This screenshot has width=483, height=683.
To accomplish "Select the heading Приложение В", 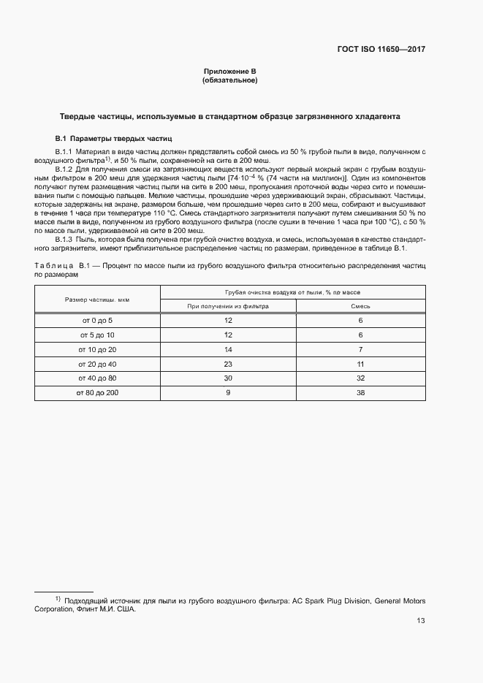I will [x=229, y=72].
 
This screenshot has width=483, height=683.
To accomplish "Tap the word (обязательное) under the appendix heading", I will [x=229, y=80].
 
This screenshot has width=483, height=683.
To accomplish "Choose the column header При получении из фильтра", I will [x=228, y=306].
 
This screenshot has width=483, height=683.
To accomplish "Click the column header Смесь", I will [x=361, y=306].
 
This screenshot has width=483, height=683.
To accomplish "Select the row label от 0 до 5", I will [x=96, y=321].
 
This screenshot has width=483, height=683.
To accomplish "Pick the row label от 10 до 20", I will [x=96, y=350].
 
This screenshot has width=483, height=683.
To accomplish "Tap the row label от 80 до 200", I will [x=96, y=393].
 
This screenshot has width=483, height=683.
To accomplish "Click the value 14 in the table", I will [x=228, y=350].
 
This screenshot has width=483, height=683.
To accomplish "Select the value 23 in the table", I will [x=228, y=364].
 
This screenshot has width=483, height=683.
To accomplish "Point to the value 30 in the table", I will [x=228, y=378].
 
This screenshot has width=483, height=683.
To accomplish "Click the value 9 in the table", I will [x=228, y=393].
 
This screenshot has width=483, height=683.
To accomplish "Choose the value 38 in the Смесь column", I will [x=361, y=393].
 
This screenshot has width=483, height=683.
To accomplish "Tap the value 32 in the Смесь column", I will [x=361, y=378].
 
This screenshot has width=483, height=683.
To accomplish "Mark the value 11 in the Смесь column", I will [x=361, y=364].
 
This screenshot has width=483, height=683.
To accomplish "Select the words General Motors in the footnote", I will [x=401, y=600].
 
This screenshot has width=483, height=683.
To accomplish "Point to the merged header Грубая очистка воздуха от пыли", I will [x=292, y=292].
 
